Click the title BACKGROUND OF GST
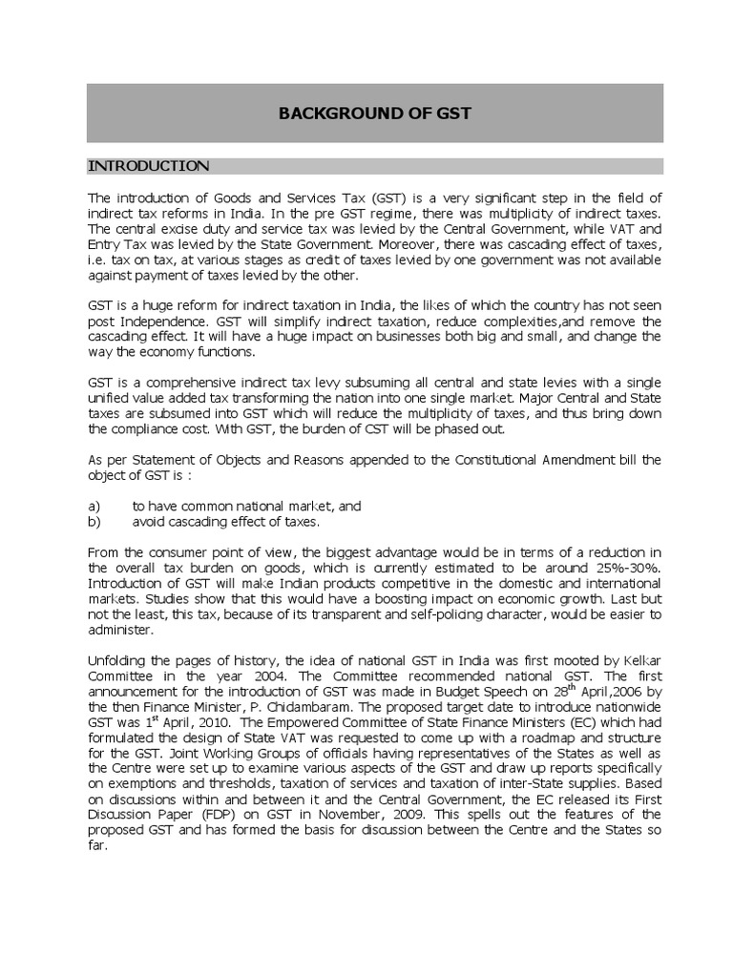point(374,114)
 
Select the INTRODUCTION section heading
point(148,166)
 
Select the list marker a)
point(94,506)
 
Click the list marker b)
point(94,521)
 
